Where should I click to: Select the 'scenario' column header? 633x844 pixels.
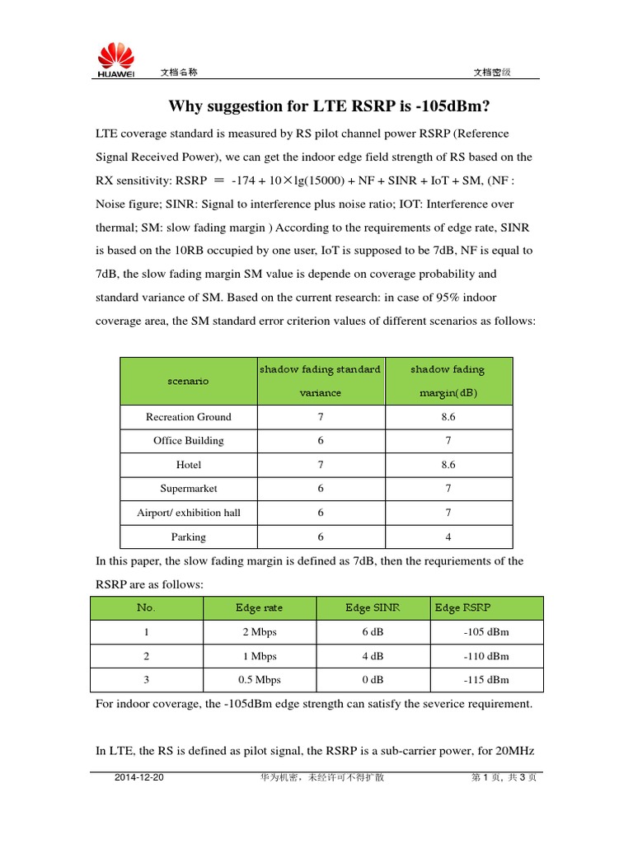(x=188, y=381)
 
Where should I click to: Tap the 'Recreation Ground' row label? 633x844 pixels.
(x=188, y=417)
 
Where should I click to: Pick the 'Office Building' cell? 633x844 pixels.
(x=188, y=441)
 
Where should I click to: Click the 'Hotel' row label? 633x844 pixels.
(x=188, y=465)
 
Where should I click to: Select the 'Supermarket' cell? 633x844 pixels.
(x=188, y=489)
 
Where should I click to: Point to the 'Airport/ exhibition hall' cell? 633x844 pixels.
(x=188, y=513)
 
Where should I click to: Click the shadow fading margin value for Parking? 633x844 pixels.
(x=448, y=537)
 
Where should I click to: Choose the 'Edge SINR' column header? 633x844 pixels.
(x=373, y=608)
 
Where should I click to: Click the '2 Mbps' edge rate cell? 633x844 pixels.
(x=259, y=632)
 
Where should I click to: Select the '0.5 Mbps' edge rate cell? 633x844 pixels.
(x=259, y=680)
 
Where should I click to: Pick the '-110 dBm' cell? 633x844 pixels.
(x=486, y=656)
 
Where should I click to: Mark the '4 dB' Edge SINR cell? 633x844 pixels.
(x=373, y=656)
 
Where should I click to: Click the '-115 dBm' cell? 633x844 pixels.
(x=486, y=680)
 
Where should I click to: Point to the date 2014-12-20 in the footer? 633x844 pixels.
(x=140, y=777)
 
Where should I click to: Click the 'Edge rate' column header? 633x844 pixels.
(x=259, y=608)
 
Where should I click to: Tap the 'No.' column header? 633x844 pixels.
(x=146, y=608)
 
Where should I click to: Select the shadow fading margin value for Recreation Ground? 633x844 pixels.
(x=448, y=417)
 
